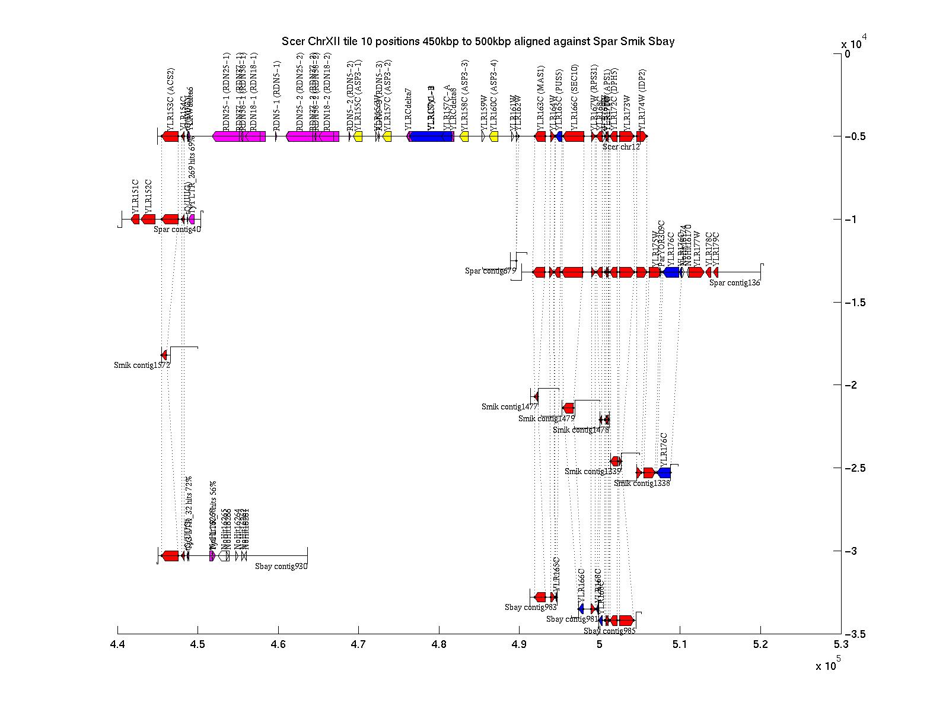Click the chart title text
[477, 42]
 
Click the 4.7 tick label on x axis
[358, 644]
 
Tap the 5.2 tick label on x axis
[760, 644]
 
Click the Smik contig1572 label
[142, 365]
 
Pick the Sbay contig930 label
[281, 566]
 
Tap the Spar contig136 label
[734, 283]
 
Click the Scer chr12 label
[621, 147]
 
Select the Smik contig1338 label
[642, 483]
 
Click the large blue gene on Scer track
[431, 136]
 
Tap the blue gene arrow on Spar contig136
[671, 272]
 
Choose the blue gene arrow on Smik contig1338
[664, 473]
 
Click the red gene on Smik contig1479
[568, 408]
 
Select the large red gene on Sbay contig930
[170, 556]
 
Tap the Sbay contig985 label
[609, 631]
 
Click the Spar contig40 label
[177, 229]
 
